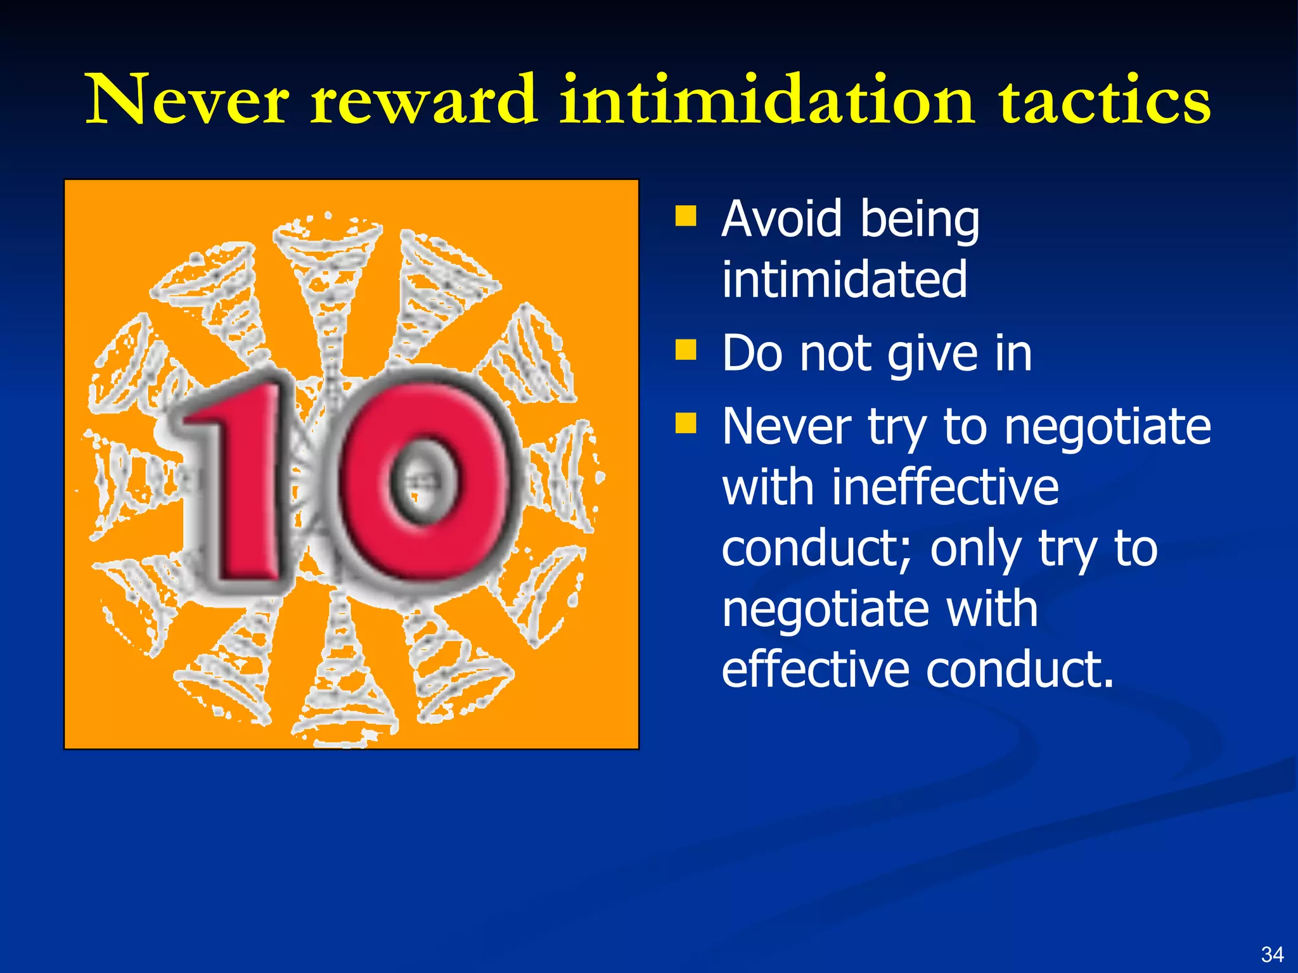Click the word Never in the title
point(188,99)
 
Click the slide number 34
point(1272,954)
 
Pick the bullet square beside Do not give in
point(685,349)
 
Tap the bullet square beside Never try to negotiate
point(685,423)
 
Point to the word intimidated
point(844,279)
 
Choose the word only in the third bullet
point(976,549)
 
